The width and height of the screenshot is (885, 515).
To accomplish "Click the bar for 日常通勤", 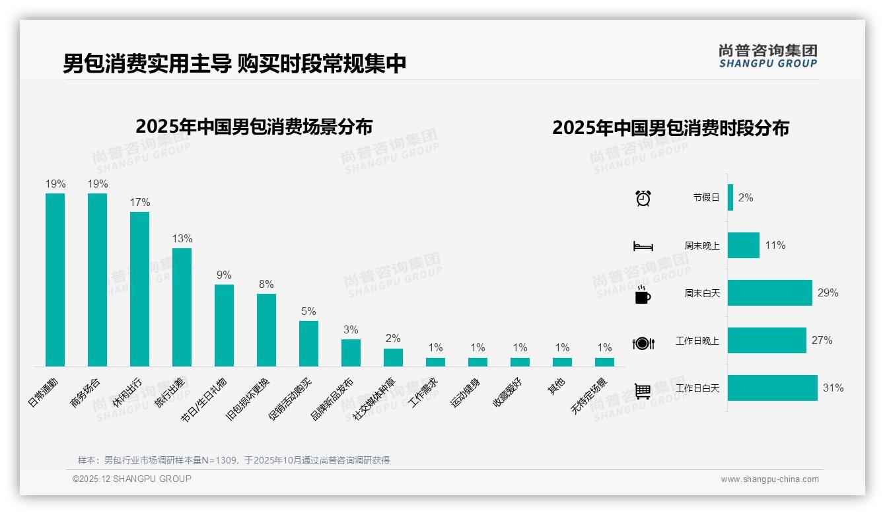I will [x=55, y=279].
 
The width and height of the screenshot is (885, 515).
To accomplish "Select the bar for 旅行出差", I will [x=182, y=307].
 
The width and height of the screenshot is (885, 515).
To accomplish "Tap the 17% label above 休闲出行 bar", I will [x=140, y=203].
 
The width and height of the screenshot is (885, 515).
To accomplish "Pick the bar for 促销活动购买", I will [x=308, y=343].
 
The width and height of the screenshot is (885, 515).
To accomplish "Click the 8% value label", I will [x=266, y=285].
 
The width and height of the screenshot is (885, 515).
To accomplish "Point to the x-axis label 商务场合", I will [x=87, y=392].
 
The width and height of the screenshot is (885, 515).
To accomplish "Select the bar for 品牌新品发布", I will [x=351, y=353].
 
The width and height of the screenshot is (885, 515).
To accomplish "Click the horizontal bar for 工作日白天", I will [x=772, y=388].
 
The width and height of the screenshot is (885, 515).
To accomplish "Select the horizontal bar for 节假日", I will [x=730, y=197].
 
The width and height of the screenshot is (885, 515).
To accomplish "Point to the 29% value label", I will [x=828, y=292].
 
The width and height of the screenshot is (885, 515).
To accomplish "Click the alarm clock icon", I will [x=643, y=198].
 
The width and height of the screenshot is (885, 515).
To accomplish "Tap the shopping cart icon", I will [x=643, y=391].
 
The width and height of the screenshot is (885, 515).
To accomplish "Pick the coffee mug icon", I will [x=643, y=294].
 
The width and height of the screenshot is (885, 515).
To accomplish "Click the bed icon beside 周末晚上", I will [x=643, y=246].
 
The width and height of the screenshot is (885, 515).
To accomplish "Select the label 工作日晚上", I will [x=697, y=341].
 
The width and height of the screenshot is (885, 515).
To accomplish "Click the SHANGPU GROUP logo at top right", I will [x=767, y=55].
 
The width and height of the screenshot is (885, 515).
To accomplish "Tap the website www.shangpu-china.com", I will [x=769, y=479].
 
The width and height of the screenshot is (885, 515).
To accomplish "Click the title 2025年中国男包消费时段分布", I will [x=670, y=128].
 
